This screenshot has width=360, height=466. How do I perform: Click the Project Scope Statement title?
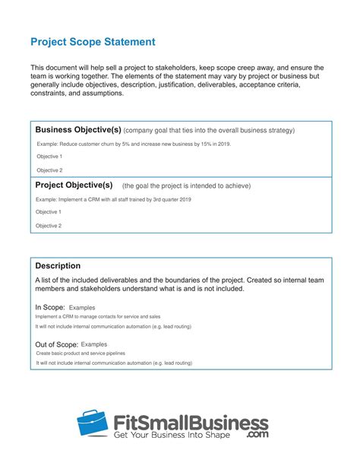[93, 41]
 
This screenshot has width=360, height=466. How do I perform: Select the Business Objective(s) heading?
[77, 129]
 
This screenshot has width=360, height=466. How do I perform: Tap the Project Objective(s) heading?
[74, 185]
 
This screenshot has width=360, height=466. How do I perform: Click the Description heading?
[58, 266]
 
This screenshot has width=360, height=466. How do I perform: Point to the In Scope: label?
[50, 307]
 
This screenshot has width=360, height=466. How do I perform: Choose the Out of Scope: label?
[55, 344]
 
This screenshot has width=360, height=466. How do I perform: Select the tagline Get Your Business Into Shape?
[178, 437]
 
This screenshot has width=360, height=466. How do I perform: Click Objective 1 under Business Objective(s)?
[49, 157]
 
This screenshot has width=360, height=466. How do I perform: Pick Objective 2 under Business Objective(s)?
[49, 170]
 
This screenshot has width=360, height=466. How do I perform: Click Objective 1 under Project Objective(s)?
[49, 212]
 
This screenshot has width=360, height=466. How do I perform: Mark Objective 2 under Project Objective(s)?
[49, 226]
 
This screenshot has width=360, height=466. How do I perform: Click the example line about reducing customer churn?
[123, 144]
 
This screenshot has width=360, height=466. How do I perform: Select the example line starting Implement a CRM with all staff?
[113, 199]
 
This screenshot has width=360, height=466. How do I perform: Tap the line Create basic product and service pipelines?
[81, 353]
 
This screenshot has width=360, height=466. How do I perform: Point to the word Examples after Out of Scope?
[94, 344]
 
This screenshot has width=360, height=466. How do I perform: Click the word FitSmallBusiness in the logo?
[190, 423]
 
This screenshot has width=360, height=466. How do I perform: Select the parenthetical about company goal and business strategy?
[209, 131]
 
